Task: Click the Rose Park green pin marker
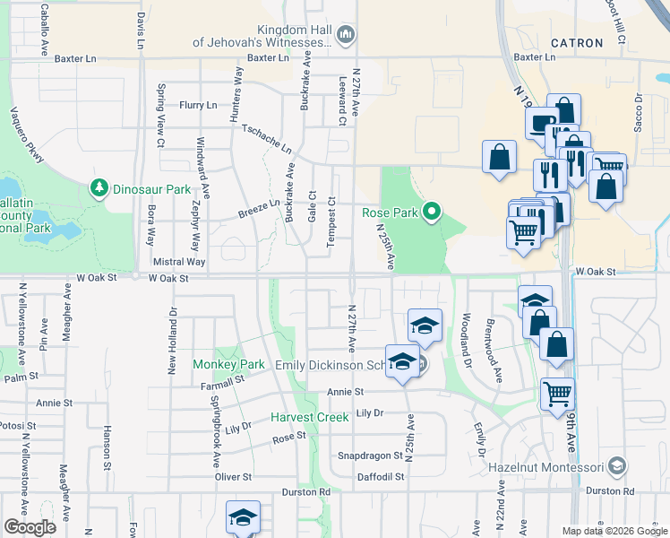432,213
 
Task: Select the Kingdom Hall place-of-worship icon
347,36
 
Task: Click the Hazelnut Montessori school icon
615,466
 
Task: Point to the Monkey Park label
228,364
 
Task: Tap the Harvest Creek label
310,417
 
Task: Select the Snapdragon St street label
369,456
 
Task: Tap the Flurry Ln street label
198,105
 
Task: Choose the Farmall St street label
224,383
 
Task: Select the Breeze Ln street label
259,208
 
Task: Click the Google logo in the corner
30,527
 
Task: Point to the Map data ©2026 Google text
614,531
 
